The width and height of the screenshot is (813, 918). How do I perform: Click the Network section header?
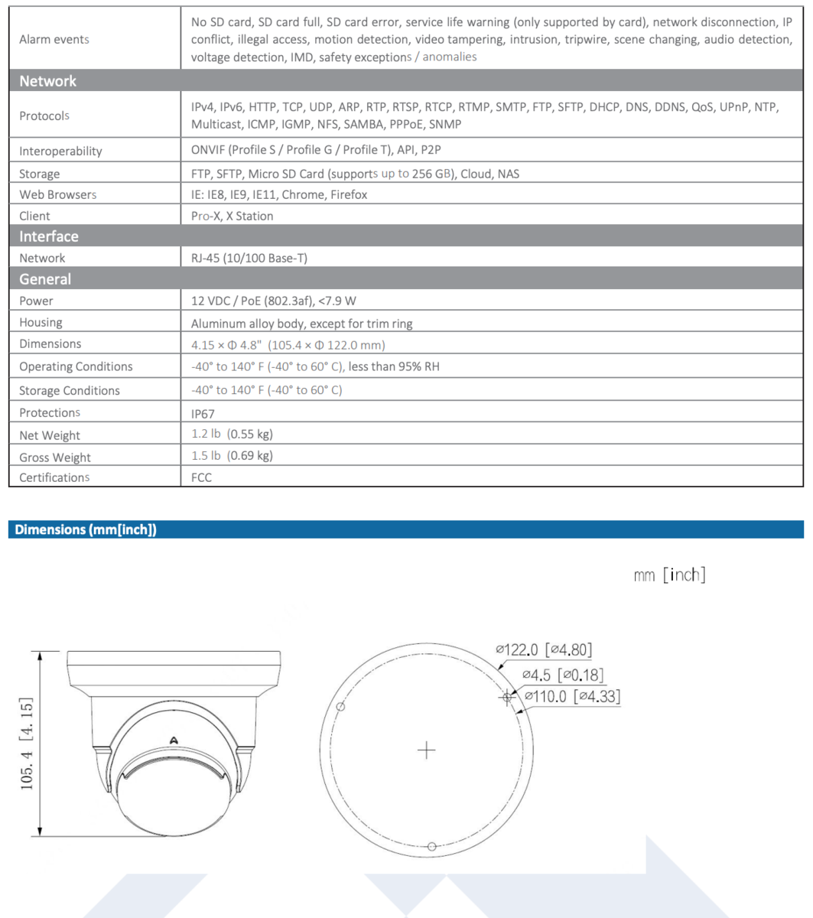[x=48, y=81]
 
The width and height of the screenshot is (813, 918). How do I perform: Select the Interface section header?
[x=49, y=236]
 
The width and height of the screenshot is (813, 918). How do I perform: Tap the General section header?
[x=45, y=279]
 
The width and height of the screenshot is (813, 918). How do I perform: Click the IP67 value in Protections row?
[x=203, y=414]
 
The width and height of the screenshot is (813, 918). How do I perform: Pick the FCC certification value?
[x=201, y=477]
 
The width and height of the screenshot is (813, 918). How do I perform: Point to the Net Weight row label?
[x=50, y=435]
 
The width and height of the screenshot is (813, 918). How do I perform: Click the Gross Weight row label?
[x=55, y=457]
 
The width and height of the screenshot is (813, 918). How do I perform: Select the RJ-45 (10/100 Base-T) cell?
[x=249, y=259]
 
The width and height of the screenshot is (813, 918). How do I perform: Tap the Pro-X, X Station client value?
[x=232, y=216]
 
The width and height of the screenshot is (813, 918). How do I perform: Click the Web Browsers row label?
[x=58, y=194]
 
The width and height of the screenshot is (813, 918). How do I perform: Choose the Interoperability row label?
[x=60, y=151]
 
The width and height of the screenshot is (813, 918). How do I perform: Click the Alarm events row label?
[x=54, y=39]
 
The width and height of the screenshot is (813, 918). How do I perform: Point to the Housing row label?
[x=41, y=323]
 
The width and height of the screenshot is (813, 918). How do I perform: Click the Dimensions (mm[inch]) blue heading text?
[x=86, y=529]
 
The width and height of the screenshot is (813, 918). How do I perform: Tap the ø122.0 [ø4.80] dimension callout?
[x=544, y=650]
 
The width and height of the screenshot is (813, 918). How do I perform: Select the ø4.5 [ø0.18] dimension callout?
[x=563, y=675]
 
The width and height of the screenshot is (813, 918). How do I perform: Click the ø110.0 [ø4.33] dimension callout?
[x=572, y=696]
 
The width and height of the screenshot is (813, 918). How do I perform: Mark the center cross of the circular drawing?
[x=426, y=750]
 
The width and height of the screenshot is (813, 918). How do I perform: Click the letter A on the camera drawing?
[x=174, y=740]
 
